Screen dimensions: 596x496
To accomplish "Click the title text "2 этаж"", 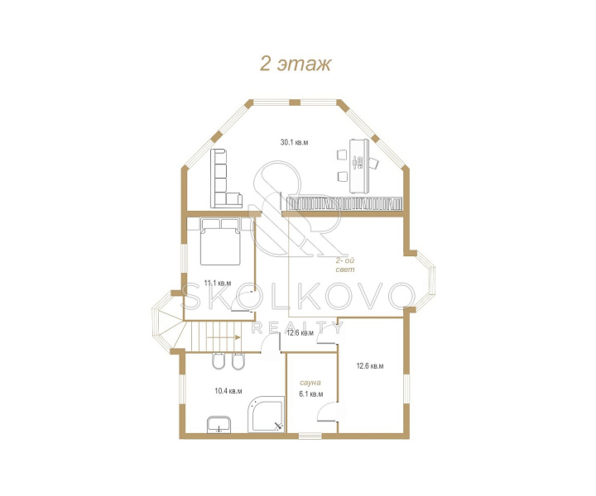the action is (296, 64).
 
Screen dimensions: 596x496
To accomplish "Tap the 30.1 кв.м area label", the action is (294, 142).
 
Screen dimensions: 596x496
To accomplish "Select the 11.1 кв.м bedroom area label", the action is (218, 283).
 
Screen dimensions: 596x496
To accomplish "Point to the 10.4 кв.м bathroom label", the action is (228, 391).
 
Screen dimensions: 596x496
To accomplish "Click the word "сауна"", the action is (310, 383).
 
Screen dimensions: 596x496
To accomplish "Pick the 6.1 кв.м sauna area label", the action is (311, 394).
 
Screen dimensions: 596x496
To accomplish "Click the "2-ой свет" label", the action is (345, 265).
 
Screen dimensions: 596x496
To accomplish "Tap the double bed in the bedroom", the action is (220, 241).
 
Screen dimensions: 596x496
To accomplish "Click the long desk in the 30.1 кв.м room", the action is (359, 166).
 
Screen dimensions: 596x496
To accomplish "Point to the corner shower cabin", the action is (266, 414).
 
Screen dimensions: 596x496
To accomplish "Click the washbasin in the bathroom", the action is (219, 424).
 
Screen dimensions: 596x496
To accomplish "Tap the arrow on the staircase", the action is (223, 337).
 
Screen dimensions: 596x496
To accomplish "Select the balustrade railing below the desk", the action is (344, 203).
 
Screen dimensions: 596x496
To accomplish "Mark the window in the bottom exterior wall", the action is (310, 436).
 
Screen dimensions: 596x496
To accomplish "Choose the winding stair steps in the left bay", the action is (167, 322).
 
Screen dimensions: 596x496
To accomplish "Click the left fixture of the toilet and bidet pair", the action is (218, 361).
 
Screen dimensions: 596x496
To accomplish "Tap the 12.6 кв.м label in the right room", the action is (369, 366).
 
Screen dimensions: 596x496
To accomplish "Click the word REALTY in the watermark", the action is (298, 328).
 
